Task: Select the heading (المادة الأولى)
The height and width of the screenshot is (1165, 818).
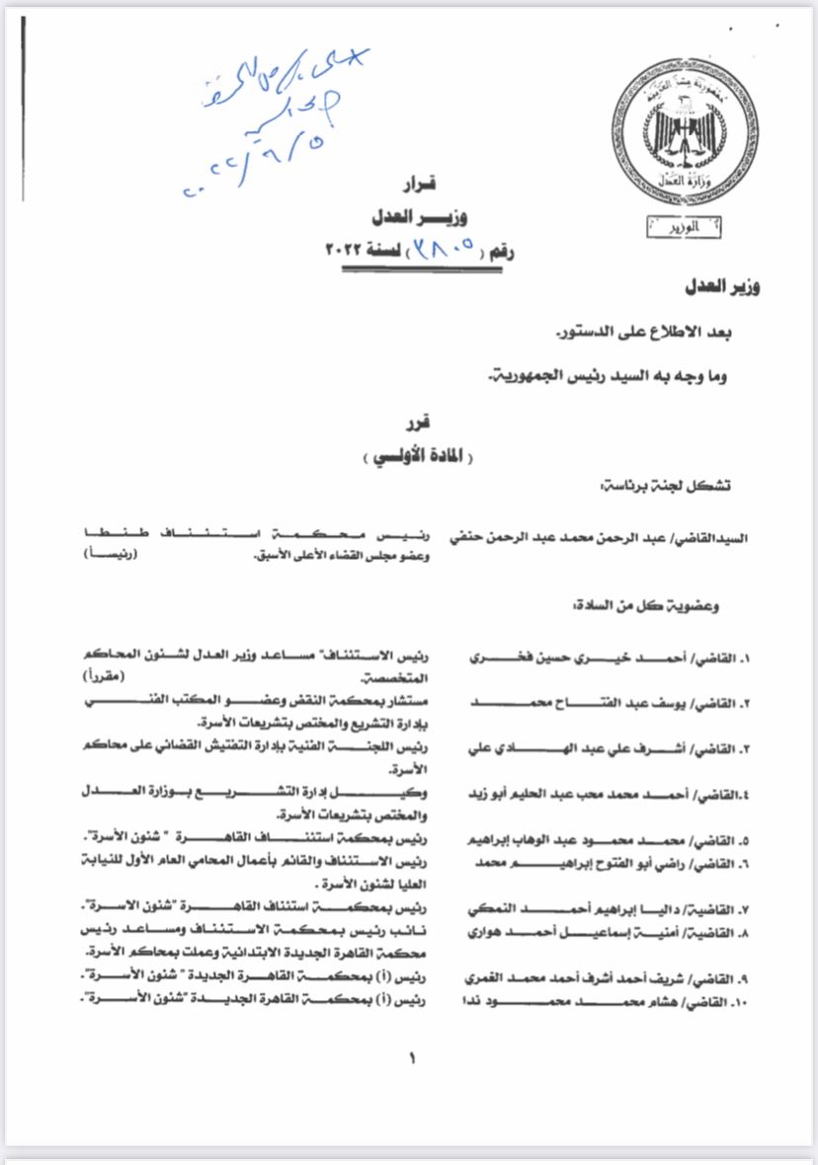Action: pos(412,457)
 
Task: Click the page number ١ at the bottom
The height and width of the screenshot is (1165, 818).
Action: pos(412,1059)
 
